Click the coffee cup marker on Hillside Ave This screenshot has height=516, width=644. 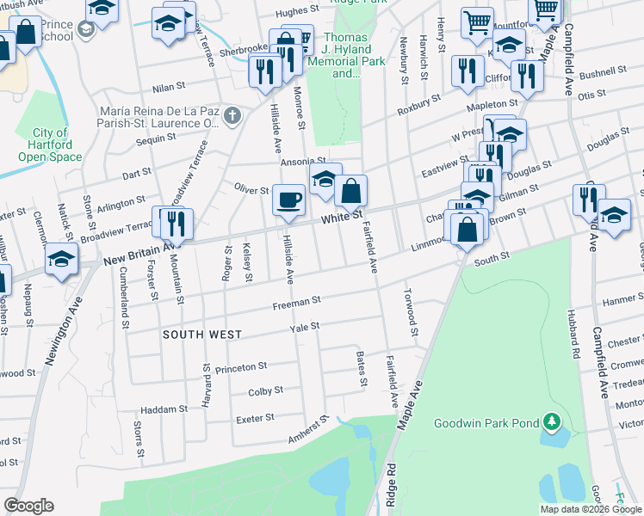tap(288, 200)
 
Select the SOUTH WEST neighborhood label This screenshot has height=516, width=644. tap(202, 334)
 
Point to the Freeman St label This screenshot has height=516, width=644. tap(297, 301)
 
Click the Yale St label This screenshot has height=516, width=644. tap(305, 327)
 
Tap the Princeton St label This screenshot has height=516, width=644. tap(242, 368)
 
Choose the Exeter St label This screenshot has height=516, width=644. tap(255, 418)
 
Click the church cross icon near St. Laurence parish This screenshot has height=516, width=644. tap(231, 115)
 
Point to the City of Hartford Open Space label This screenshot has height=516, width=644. tap(50, 144)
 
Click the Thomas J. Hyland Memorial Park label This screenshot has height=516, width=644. tap(346, 56)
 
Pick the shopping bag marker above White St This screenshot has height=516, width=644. tap(351, 191)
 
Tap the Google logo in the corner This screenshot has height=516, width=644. tap(28, 506)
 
